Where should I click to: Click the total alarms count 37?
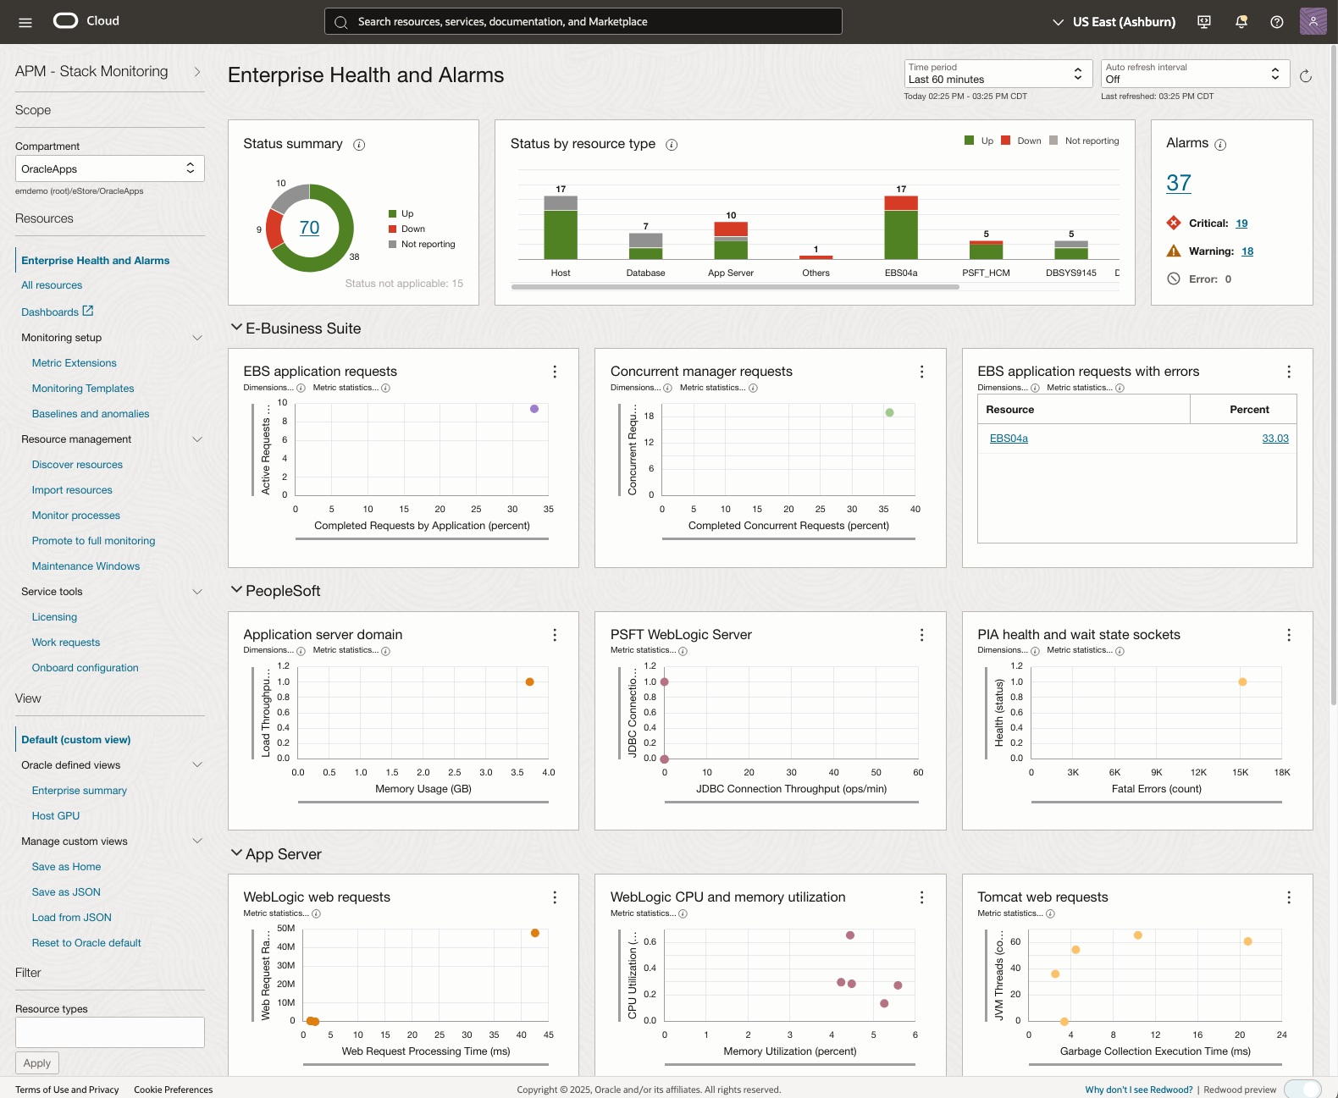tap(1178, 183)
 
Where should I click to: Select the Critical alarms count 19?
tap(1241, 223)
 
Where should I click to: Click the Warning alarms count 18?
tap(1247, 251)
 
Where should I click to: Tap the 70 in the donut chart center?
tap(309, 228)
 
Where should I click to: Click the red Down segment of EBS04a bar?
tap(900, 203)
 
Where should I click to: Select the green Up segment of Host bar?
tap(560, 234)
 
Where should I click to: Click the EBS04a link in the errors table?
tap(1008, 439)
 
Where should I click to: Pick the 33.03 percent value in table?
tap(1274, 439)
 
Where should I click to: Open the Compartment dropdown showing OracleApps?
tap(109, 168)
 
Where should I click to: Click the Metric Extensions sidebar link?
tap(74, 363)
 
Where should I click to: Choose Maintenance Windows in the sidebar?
tap(86, 566)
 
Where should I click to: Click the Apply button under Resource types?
tap(37, 1063)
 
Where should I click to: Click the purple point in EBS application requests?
tap(534, 409)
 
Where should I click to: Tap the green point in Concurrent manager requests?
tap(889, 413)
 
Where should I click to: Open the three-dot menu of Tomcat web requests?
tap(1288, 897)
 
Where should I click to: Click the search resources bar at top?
tap(583, 22)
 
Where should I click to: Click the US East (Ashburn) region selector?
tap(1114, 22)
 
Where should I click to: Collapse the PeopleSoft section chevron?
tap(236, 590)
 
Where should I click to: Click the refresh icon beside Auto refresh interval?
tap(1305, 76)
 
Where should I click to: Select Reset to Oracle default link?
tap(86, 943)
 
